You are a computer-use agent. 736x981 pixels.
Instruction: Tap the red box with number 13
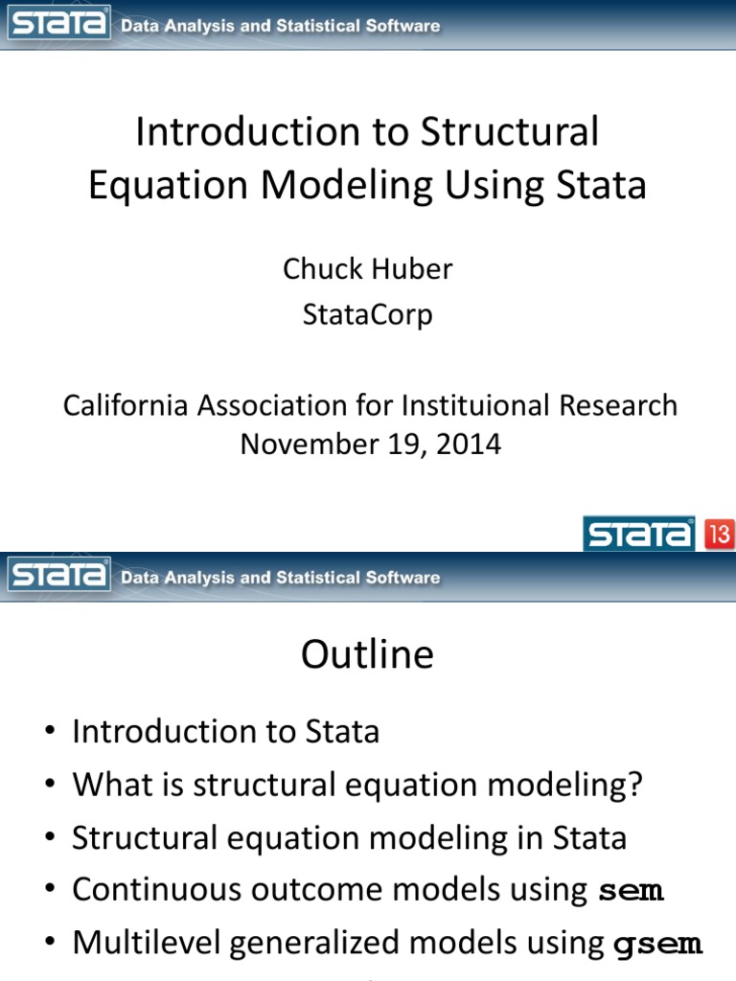[720, 533]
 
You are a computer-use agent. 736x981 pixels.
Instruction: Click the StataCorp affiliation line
[367, 314]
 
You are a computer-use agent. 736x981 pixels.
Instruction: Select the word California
[126, 405]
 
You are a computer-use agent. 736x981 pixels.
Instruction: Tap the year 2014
[468, 445]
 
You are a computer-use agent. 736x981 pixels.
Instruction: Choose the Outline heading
[367, 655]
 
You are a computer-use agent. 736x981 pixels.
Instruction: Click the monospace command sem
[631, 891]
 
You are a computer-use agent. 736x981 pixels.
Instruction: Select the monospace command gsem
[657, 944]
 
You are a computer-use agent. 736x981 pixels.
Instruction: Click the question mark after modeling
[633, 786]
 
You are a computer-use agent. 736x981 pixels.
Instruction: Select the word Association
[290, 405]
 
